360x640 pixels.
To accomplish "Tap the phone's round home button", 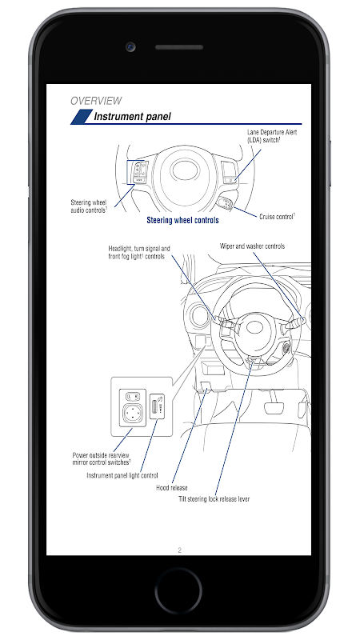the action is pyautogui.click(x=178, y=590).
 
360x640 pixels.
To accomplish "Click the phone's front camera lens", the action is pyautogui.click(x=130, y=47).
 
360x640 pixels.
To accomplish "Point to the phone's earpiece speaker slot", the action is pyautogui.click(x=179, y=47).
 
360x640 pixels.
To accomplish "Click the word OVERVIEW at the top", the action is pyautogui.click(x=96, y=101).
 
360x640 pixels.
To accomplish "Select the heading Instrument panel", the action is pyautogui.click(x=132, y=116).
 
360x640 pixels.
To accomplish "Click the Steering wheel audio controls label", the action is pyautogui.click(x=89, y=206).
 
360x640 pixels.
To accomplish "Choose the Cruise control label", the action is pyautogui.click(x=277, y=217).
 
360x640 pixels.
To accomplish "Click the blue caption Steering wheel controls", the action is pyautogui.click(x=182, y=221).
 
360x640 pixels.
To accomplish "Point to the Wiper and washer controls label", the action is pyautogui.click(x=252, y=246).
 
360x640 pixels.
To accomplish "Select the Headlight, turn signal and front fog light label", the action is pyautogui.click(x=139, y=252).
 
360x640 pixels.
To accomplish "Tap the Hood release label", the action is pyautogui.click(x=172, y=488).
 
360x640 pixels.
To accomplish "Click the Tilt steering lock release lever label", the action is pyautogui.click(x=214, y=498).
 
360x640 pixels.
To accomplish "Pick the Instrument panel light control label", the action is pyautogui.click(x=122, y=475).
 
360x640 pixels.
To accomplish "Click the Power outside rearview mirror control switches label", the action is pyautogui.click(x=102, y=458).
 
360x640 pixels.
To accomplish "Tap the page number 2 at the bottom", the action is pyautogui.click(x=179, y=550).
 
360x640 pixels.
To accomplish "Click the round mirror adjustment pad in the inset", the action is pyautogui.click(x=133, y=413).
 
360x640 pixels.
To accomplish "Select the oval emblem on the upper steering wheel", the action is pyautogui.click(x=185, y=170).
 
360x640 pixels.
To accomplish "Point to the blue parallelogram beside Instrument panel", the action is pyautogui.click(x=82, y=117).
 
